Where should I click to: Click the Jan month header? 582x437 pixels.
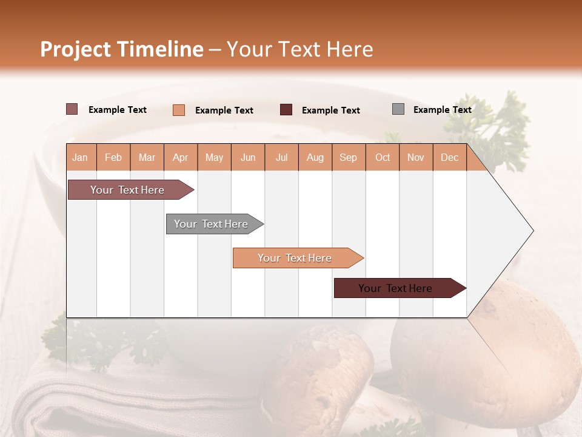pos(80,158)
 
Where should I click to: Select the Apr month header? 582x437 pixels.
pos(180,158)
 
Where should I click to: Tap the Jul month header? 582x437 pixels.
pos(281,158)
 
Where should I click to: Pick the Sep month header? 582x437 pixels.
pos(348,158)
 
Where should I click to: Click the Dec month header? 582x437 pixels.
pos(449,158)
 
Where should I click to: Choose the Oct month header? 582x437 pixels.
pos(382,158)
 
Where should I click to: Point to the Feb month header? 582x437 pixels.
pos(113,158)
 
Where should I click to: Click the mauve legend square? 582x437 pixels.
pos(72,109)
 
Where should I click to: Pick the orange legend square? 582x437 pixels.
pos(179,110)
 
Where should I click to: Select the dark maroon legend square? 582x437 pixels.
pos(286,110)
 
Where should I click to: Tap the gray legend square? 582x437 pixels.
pos(398,109)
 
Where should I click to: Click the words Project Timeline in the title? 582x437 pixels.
pos(121,49)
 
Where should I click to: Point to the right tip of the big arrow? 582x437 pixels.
pos(532,231)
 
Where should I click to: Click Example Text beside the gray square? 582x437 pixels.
pos(442,110)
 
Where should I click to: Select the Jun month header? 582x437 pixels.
pos(248,158)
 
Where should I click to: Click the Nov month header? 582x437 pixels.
pos(416,158)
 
